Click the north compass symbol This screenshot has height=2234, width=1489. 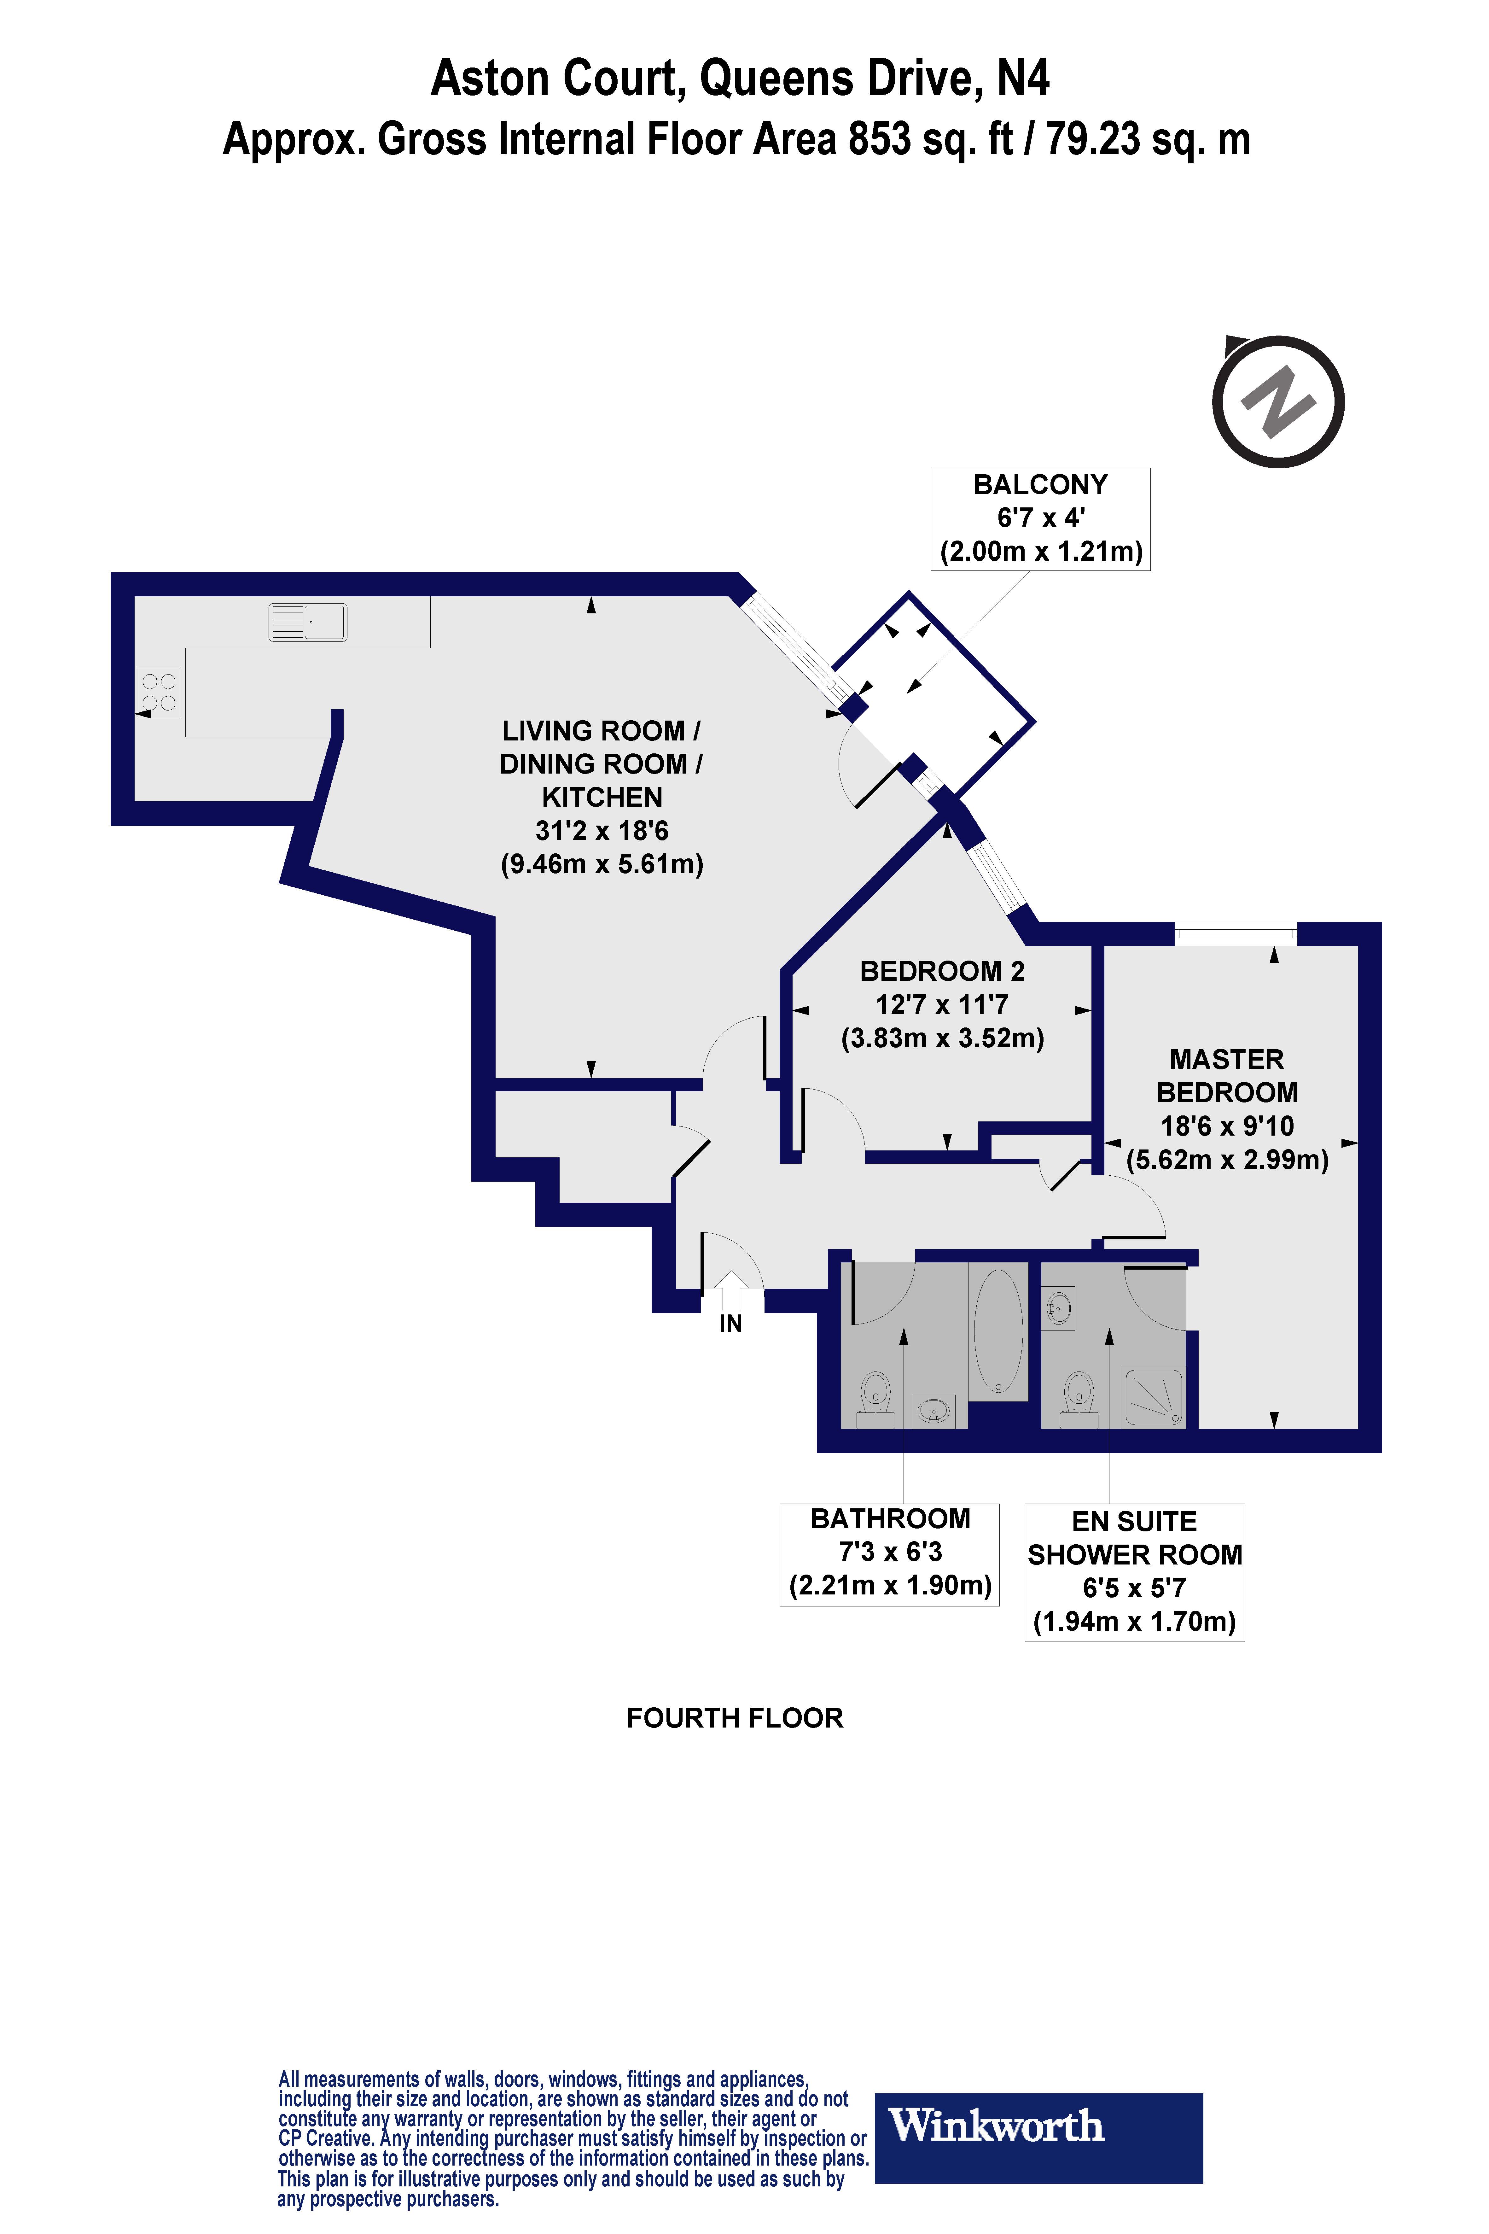[1278, 402]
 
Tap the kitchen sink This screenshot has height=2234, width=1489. [308, 622]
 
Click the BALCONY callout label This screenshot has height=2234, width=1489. [1040, 518]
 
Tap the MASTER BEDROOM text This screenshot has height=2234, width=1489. [1227, 1075]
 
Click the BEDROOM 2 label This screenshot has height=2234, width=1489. [942, 971]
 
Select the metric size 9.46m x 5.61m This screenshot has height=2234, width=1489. [602, 864]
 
